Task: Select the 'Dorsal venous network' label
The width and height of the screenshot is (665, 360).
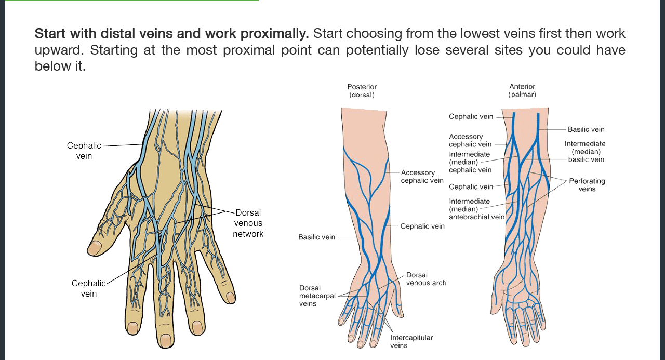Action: (x=248, y=223)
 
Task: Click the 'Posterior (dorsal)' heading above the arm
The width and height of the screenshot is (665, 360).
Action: (x=362, y=91)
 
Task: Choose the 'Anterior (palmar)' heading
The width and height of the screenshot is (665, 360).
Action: (x=522, y=91)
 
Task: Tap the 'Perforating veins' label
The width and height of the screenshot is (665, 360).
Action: (x=587, y=185)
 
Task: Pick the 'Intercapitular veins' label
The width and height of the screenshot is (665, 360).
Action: (x=411, y=341)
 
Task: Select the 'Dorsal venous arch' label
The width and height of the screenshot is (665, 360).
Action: (x=426, y=279)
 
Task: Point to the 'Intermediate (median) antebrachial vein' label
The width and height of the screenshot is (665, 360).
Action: (x=476, y=209)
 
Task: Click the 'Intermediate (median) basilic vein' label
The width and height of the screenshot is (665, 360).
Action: (x=586, y=151)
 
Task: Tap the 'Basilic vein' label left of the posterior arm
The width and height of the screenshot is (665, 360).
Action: (x=316, y=237)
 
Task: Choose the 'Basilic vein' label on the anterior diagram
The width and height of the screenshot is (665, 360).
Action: (x=586, y=129)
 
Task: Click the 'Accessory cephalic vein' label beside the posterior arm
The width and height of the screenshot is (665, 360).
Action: (x=422, y=177)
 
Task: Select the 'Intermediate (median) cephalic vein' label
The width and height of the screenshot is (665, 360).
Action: (x=470, y=162)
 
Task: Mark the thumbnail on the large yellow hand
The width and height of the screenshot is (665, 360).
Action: (x=94, y=248)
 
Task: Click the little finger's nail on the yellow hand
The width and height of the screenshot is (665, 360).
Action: (x=231, y=297)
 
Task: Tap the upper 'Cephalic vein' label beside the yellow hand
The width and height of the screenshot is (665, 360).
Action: (x=84, y=151)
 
